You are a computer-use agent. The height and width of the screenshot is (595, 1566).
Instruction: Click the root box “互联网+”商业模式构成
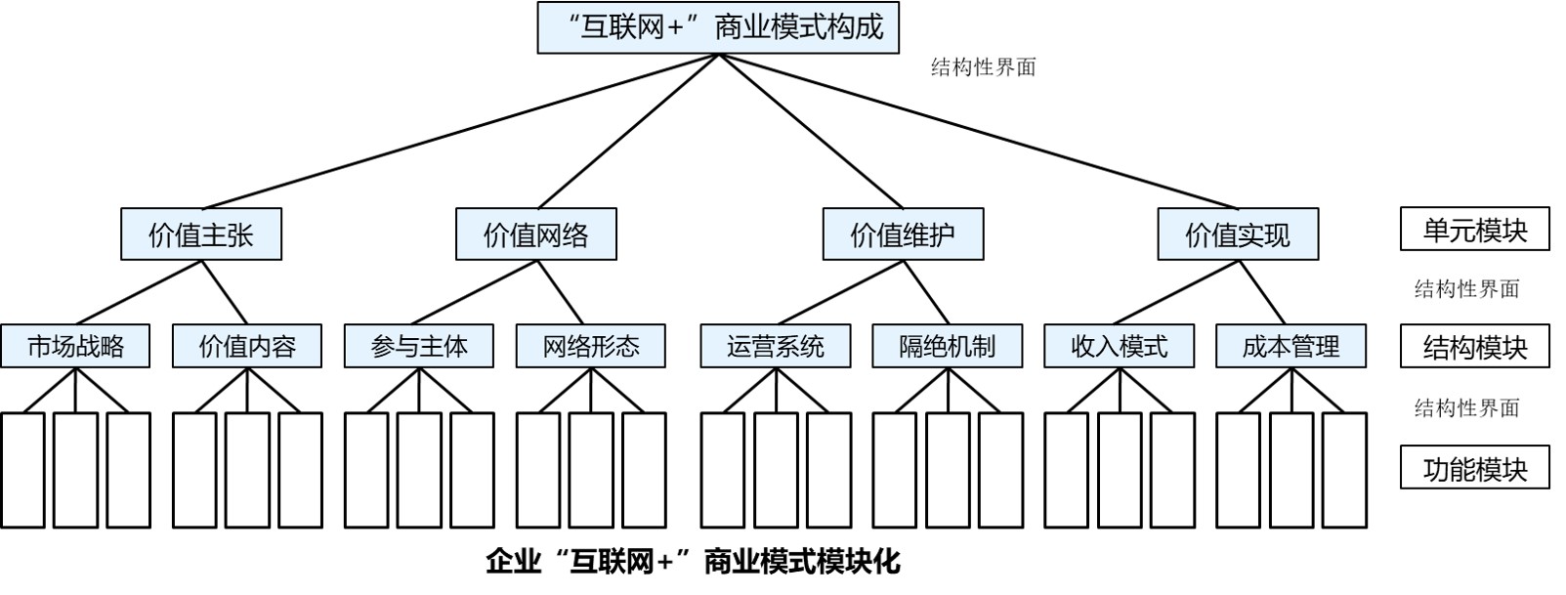(x=718, y=27)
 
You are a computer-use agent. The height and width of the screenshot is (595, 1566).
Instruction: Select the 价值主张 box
(x=201, y=234)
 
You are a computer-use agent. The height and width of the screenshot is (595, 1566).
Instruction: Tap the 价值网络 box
(x=536, y=234)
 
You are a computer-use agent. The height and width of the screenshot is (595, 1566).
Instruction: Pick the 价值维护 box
(x=903, y=234)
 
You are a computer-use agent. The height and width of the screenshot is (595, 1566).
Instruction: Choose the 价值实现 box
(x=1238, y=234)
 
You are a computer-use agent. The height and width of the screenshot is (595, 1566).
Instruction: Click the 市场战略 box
(x=75, y=346)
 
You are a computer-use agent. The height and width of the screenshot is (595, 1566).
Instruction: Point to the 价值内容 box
(x=247, y=346)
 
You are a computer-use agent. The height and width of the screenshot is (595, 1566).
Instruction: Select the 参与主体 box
(x=419, y=346)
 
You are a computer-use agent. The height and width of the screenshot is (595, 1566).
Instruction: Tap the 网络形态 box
(x=591, y=346)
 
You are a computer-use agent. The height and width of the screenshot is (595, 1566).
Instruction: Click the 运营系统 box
(x=776, y=346)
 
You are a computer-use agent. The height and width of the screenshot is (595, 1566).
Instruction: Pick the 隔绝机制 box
(x=948, y=346)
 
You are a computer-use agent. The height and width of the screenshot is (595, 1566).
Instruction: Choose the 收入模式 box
(x=1120, y=346)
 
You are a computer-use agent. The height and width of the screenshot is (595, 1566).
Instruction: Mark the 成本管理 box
(x=1291, y=346)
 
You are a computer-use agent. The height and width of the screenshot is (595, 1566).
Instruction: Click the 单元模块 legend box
(x=1475, y=230)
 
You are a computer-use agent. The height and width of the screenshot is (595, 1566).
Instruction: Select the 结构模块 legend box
(x=1475, y=347)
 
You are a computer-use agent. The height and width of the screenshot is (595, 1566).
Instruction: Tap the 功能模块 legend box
(x=1475, y=468)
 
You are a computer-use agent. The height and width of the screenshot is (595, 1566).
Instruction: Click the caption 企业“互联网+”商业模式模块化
(x=693, y=562)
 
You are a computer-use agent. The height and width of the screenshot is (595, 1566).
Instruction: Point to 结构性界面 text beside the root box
(x=983, y=67)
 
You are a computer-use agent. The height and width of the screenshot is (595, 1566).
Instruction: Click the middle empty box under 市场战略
(x=75, y=470)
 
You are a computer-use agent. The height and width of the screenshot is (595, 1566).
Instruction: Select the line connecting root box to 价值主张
(x=459, y=131)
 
